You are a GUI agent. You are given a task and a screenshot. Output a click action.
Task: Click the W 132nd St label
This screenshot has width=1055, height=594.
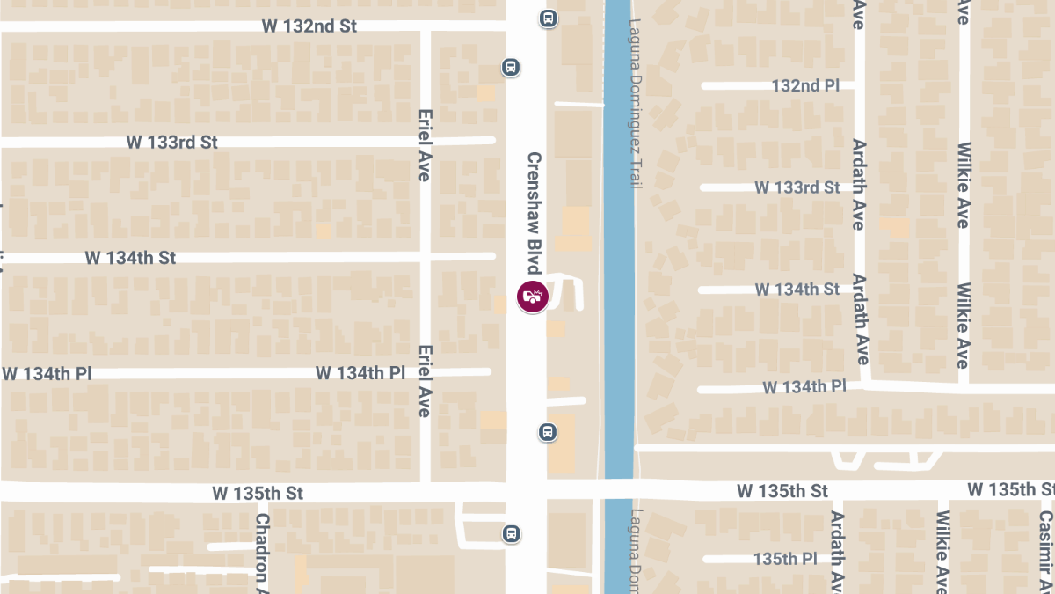309,26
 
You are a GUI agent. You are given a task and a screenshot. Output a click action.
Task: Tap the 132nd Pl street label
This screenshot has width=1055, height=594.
805,85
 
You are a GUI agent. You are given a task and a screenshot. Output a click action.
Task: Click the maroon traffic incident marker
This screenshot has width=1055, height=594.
533,297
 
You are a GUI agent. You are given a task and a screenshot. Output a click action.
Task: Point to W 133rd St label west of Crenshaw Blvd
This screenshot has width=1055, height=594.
171,142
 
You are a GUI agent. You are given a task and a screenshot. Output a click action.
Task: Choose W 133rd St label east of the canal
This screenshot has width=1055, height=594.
797,187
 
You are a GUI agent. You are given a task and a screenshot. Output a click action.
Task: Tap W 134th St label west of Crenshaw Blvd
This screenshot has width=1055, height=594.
130,258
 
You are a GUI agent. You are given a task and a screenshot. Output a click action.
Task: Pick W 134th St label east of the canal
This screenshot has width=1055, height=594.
797,290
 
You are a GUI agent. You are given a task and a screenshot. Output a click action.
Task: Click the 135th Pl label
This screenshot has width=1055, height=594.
786,559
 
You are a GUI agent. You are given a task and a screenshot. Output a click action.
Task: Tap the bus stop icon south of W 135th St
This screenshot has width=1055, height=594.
511,533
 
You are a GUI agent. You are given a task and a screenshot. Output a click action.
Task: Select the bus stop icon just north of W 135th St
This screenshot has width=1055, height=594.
547,432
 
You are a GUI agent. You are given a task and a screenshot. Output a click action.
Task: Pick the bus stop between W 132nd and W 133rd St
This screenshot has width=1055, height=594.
511,67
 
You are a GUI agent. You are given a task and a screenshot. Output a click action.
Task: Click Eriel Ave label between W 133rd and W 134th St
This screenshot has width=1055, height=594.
425,145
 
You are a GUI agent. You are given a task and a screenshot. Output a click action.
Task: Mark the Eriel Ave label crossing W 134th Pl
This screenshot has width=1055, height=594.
425,380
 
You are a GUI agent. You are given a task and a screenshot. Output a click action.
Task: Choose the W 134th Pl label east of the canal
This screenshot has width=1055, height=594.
804,386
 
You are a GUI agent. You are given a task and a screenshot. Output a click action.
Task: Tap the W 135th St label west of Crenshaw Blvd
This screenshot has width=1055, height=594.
257,494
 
